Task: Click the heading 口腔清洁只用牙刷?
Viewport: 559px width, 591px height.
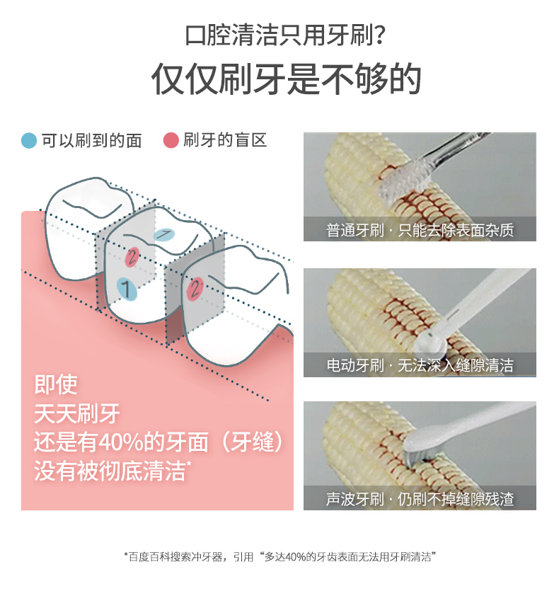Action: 285,35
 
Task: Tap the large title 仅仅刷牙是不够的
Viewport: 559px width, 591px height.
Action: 286,79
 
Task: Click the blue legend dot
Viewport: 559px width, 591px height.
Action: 29,141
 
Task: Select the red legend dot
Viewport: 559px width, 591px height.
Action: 171,140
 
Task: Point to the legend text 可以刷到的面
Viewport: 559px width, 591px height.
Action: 91,141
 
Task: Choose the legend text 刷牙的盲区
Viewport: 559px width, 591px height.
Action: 225,140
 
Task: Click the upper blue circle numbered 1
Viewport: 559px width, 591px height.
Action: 164,234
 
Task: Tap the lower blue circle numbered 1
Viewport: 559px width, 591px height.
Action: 126,289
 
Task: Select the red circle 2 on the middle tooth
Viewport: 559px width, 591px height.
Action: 132,258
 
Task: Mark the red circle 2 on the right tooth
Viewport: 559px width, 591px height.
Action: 195,289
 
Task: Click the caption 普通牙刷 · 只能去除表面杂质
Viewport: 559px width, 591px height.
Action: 420,230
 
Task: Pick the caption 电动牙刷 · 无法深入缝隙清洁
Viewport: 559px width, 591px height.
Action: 420,365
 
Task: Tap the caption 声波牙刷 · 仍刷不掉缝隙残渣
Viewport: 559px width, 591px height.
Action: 420,499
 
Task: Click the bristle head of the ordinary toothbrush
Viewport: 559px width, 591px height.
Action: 404,178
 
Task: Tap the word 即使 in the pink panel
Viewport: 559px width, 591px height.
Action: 56,384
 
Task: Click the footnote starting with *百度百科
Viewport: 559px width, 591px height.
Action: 279,557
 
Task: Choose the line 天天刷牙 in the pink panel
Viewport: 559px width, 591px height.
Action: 77,413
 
